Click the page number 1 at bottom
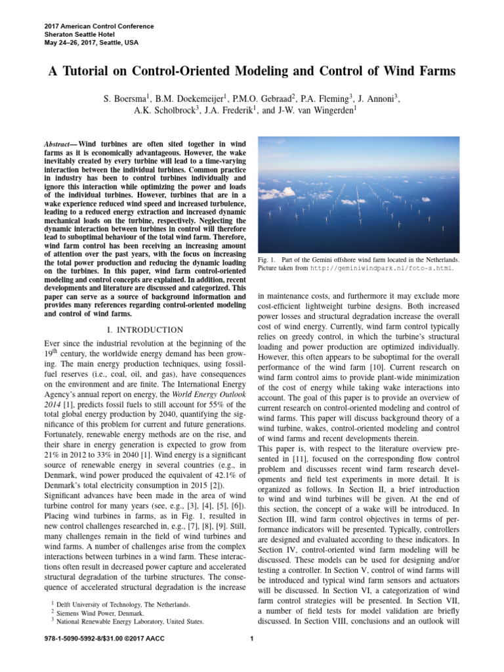[252, 639]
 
